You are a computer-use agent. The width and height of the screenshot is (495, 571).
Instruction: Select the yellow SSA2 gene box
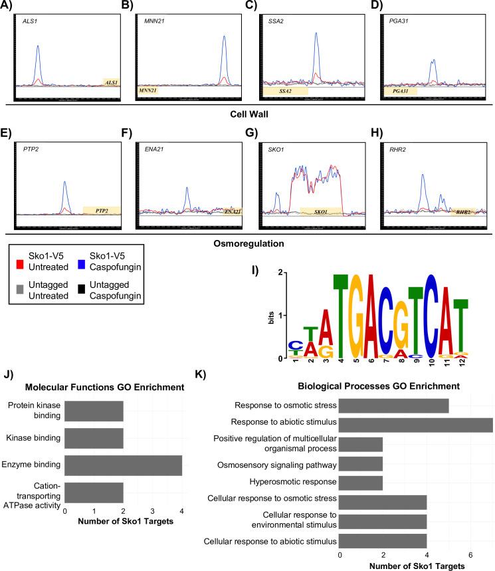[x=285, y=90]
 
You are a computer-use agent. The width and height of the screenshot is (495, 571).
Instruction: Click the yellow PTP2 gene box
[x=102, y=210]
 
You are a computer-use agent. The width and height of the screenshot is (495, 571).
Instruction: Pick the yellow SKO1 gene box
[x=321, y=211]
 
